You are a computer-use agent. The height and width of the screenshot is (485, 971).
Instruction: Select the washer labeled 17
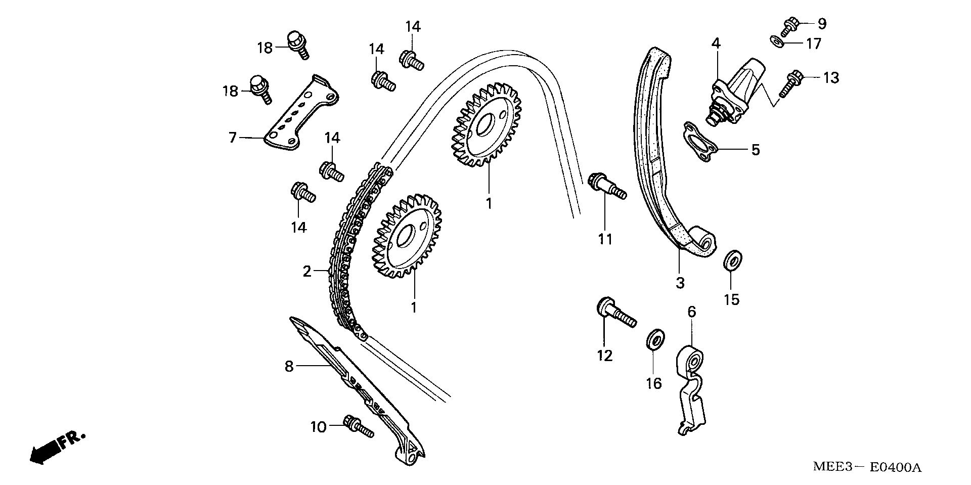pyautogui.click(x=778, y=41)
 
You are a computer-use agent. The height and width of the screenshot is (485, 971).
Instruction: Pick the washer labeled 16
pyautogui.click(x=656, y=338)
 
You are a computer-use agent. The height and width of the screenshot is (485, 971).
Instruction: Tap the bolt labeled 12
pyautogui.click(x=614, y=312)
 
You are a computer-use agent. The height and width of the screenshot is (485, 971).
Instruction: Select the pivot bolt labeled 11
pyautogui.click(x=605, y=186)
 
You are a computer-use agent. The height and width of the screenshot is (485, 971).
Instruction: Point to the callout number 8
pyautogui.click(x=289, y=366)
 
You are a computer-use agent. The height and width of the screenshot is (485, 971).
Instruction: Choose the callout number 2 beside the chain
pyautogui.click(x=307, y=272)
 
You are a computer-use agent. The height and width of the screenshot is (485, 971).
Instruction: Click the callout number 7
pyautogui.click(x=232, y=137)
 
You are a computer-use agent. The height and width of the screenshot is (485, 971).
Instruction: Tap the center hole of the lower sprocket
pyautogui.click(x=405, y=236)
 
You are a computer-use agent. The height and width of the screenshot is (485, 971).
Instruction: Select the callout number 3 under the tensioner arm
pyautogui.click(x=680, y=283)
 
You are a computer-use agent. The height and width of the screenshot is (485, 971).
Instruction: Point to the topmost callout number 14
pyautogui.click(x=413, y=26)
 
